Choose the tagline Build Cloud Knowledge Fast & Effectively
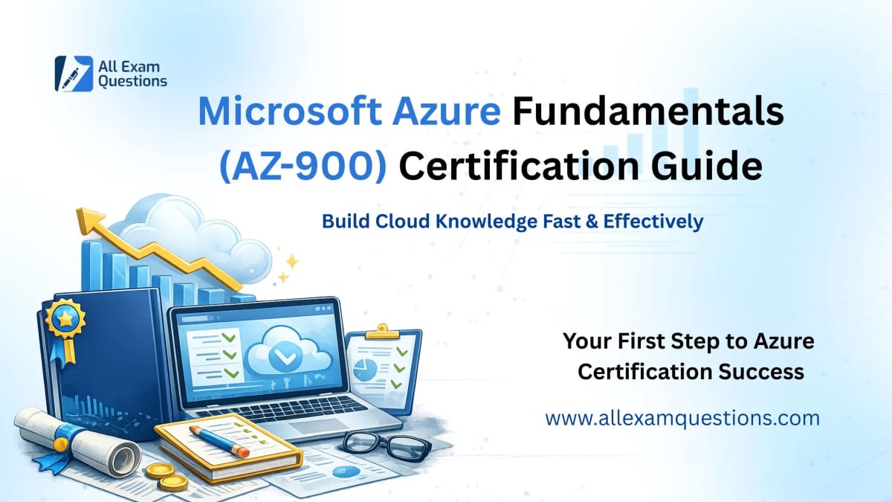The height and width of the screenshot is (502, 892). click(x=512, y=222)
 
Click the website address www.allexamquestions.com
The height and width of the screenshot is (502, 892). click(x=682, y=418)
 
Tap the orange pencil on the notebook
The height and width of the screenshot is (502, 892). click(x=219, y=440)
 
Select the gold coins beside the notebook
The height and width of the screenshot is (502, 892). click(x=167, y=477)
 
